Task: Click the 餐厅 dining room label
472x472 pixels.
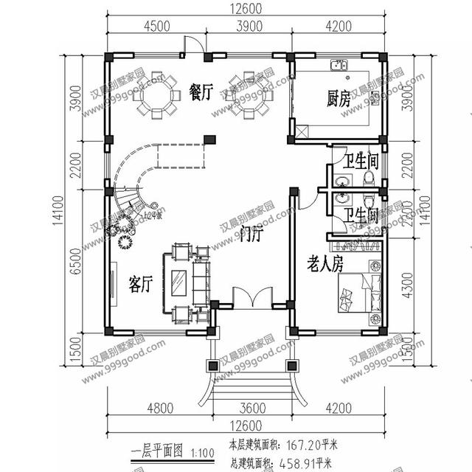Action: click(201, 92)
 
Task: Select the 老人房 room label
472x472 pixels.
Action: click(325, 265)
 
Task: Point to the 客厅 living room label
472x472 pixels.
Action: click(141, 284)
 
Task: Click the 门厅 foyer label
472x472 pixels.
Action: click(252, 235)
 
